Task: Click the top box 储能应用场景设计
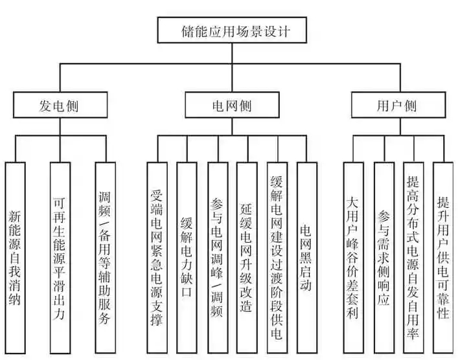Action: coord(232,30)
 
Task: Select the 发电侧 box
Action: coord(60,105)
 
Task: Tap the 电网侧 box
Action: coord(232,105)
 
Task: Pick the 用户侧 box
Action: coord(398,105)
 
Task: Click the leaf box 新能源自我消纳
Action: coord(15,258)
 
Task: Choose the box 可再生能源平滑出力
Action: coord(60,258)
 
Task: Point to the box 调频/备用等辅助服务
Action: coord(105,258)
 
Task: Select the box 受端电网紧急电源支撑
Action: coord(157,258)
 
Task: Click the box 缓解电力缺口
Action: coord(187,258)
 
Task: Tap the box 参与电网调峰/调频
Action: coord(218,258)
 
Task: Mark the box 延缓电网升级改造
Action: coord(247,258)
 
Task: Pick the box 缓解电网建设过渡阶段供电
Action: coord(277,258)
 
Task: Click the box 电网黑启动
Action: coord(307,258)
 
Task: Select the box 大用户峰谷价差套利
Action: coord(354,258)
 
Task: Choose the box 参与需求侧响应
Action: coord(384,258)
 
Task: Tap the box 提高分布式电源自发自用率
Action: coord(413,258)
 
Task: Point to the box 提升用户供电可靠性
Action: coord(443,258)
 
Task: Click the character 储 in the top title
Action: coord(187,31)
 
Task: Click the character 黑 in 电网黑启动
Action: coord(306,258)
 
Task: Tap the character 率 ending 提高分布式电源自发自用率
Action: coord(413,333)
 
